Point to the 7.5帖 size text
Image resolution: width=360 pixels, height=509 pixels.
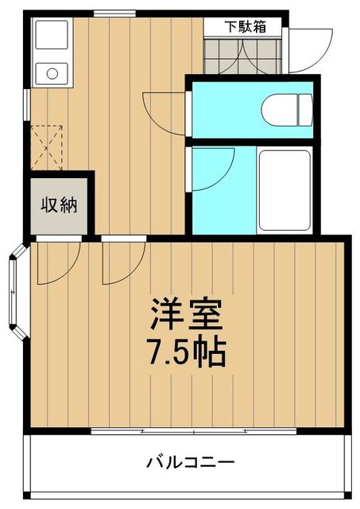tap(187, 350)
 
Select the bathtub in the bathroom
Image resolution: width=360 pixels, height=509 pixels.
tap(284, 188)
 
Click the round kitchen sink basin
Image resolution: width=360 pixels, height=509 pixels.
tap(52, 75)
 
